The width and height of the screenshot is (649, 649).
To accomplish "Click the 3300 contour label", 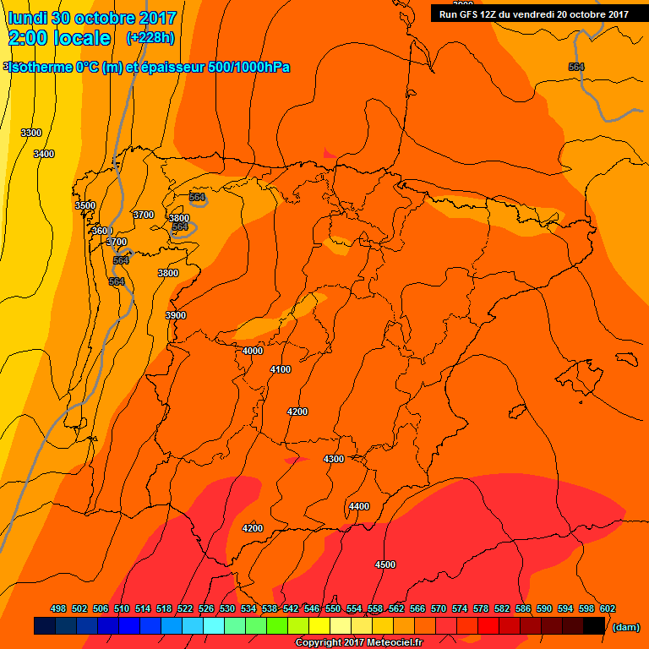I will click(31, 133).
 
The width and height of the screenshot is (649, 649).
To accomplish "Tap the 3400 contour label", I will click(44, 154).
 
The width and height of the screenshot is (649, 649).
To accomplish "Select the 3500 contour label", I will click(85, 205).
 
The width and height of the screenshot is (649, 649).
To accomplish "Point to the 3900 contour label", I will click(176, 315).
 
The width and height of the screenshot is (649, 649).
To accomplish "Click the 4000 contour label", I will click(253, 351).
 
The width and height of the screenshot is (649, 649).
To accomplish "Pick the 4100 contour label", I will click(281, 369).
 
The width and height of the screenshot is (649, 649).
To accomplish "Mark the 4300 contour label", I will click(334, 459).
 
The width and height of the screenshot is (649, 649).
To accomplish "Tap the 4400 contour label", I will click(359, 506).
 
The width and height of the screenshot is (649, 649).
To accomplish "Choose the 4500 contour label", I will click(385, 564).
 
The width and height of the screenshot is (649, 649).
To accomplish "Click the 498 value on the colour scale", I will click(58, 608).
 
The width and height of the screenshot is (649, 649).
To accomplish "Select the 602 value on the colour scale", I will click(608, 608).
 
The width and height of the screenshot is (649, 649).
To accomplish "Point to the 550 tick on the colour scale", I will click(333, 608).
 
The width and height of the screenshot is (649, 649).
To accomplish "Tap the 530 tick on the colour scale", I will click(227, 608).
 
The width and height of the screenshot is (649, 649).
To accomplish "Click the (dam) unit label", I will click(625, 627).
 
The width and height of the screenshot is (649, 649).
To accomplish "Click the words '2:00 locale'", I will click(59, 38).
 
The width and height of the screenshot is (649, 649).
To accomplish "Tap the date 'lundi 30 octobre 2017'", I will click(92, 18).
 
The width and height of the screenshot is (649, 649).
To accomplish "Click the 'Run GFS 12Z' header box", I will click(533, 14).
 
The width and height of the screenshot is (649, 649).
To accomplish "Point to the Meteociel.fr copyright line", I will click(358, 642).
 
